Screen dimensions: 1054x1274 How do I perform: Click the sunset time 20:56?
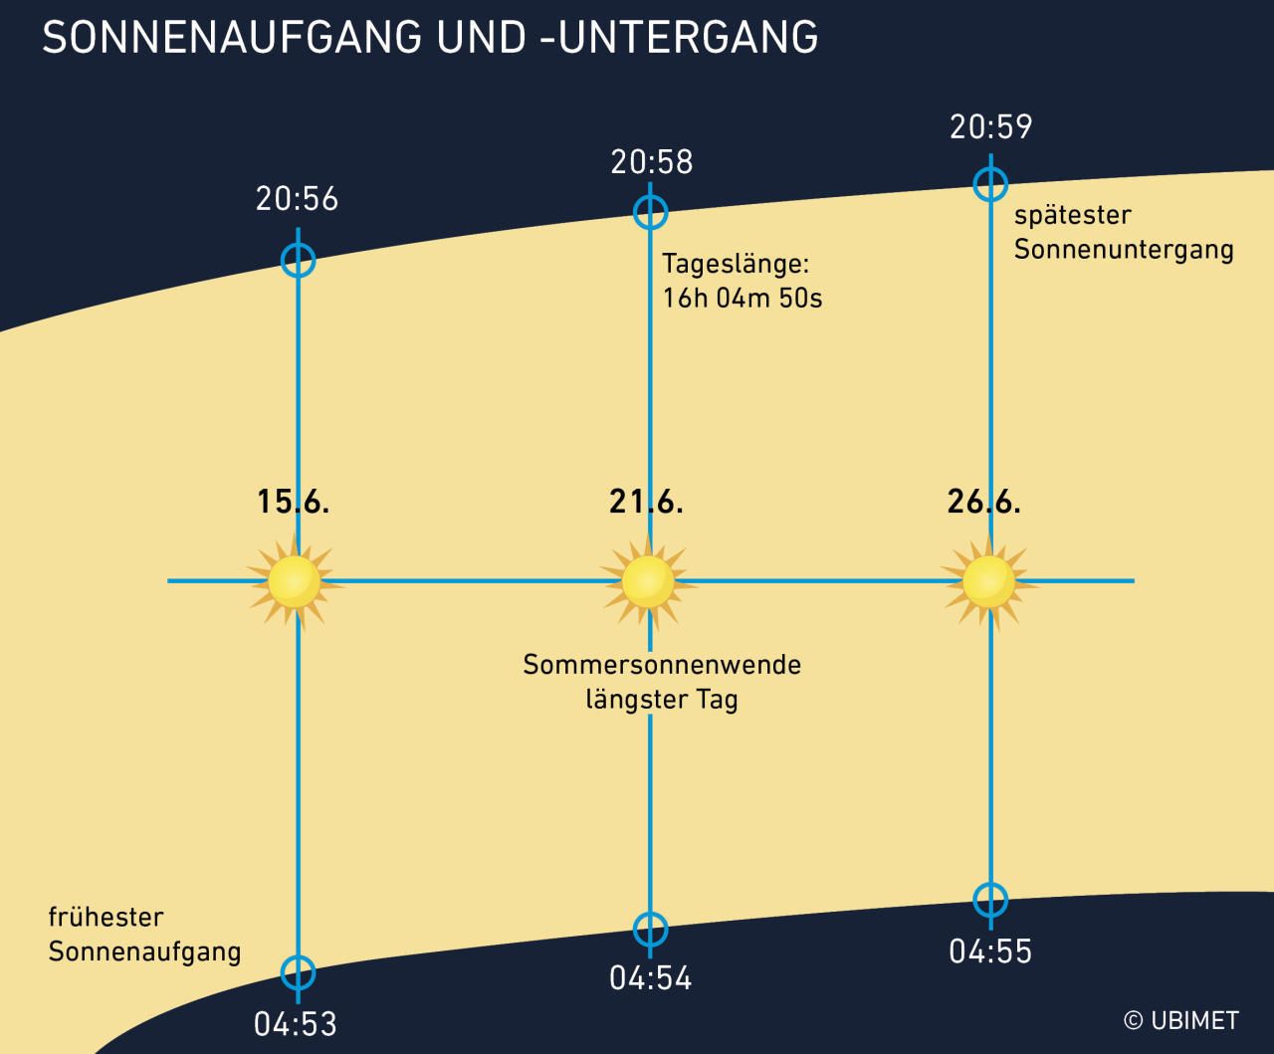pyautogui.click(x=297, y=199)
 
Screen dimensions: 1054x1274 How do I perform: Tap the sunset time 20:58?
pyautogui.click(x=651, y=161)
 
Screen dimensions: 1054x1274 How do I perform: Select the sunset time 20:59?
pyautogui.click(x=990, y=127)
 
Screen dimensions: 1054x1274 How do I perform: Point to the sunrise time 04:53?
pyautogui.click(x=296, y=1023)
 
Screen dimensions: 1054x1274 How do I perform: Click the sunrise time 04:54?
pyautogui.click(x=650, y=977)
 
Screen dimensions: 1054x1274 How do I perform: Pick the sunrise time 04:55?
pyautogui.click(x=990, y=951)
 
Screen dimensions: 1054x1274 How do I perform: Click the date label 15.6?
pyautogui.click(x=293, y=502)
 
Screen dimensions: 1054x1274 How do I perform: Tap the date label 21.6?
pyautogui.click(x=646, y=502)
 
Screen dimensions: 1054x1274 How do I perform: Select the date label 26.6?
pyautogui.click(x=984, y=502)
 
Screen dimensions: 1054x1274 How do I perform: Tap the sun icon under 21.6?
pyautogui.click(x=649, y=581)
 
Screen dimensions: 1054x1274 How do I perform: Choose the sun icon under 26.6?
pyautogui.click(x=989, y=581)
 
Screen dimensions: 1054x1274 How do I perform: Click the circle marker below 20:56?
pyautogui.click(x=298, y=261)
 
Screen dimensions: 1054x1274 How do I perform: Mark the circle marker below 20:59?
pyautogui.click(x=990, y=183)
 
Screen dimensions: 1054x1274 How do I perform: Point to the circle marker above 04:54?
pyautogui.click(x=650, y=930)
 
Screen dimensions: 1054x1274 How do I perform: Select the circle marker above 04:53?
pyautogui.click(x=298, y=972)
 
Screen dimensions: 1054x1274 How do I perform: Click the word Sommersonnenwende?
pyautogui.click(x=662, y=664)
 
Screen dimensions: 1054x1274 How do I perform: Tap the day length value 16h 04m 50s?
pyautogui.click(x=743, y=298)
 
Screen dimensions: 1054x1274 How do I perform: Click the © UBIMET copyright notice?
pyautogui.click(x=1180, y=1020)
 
